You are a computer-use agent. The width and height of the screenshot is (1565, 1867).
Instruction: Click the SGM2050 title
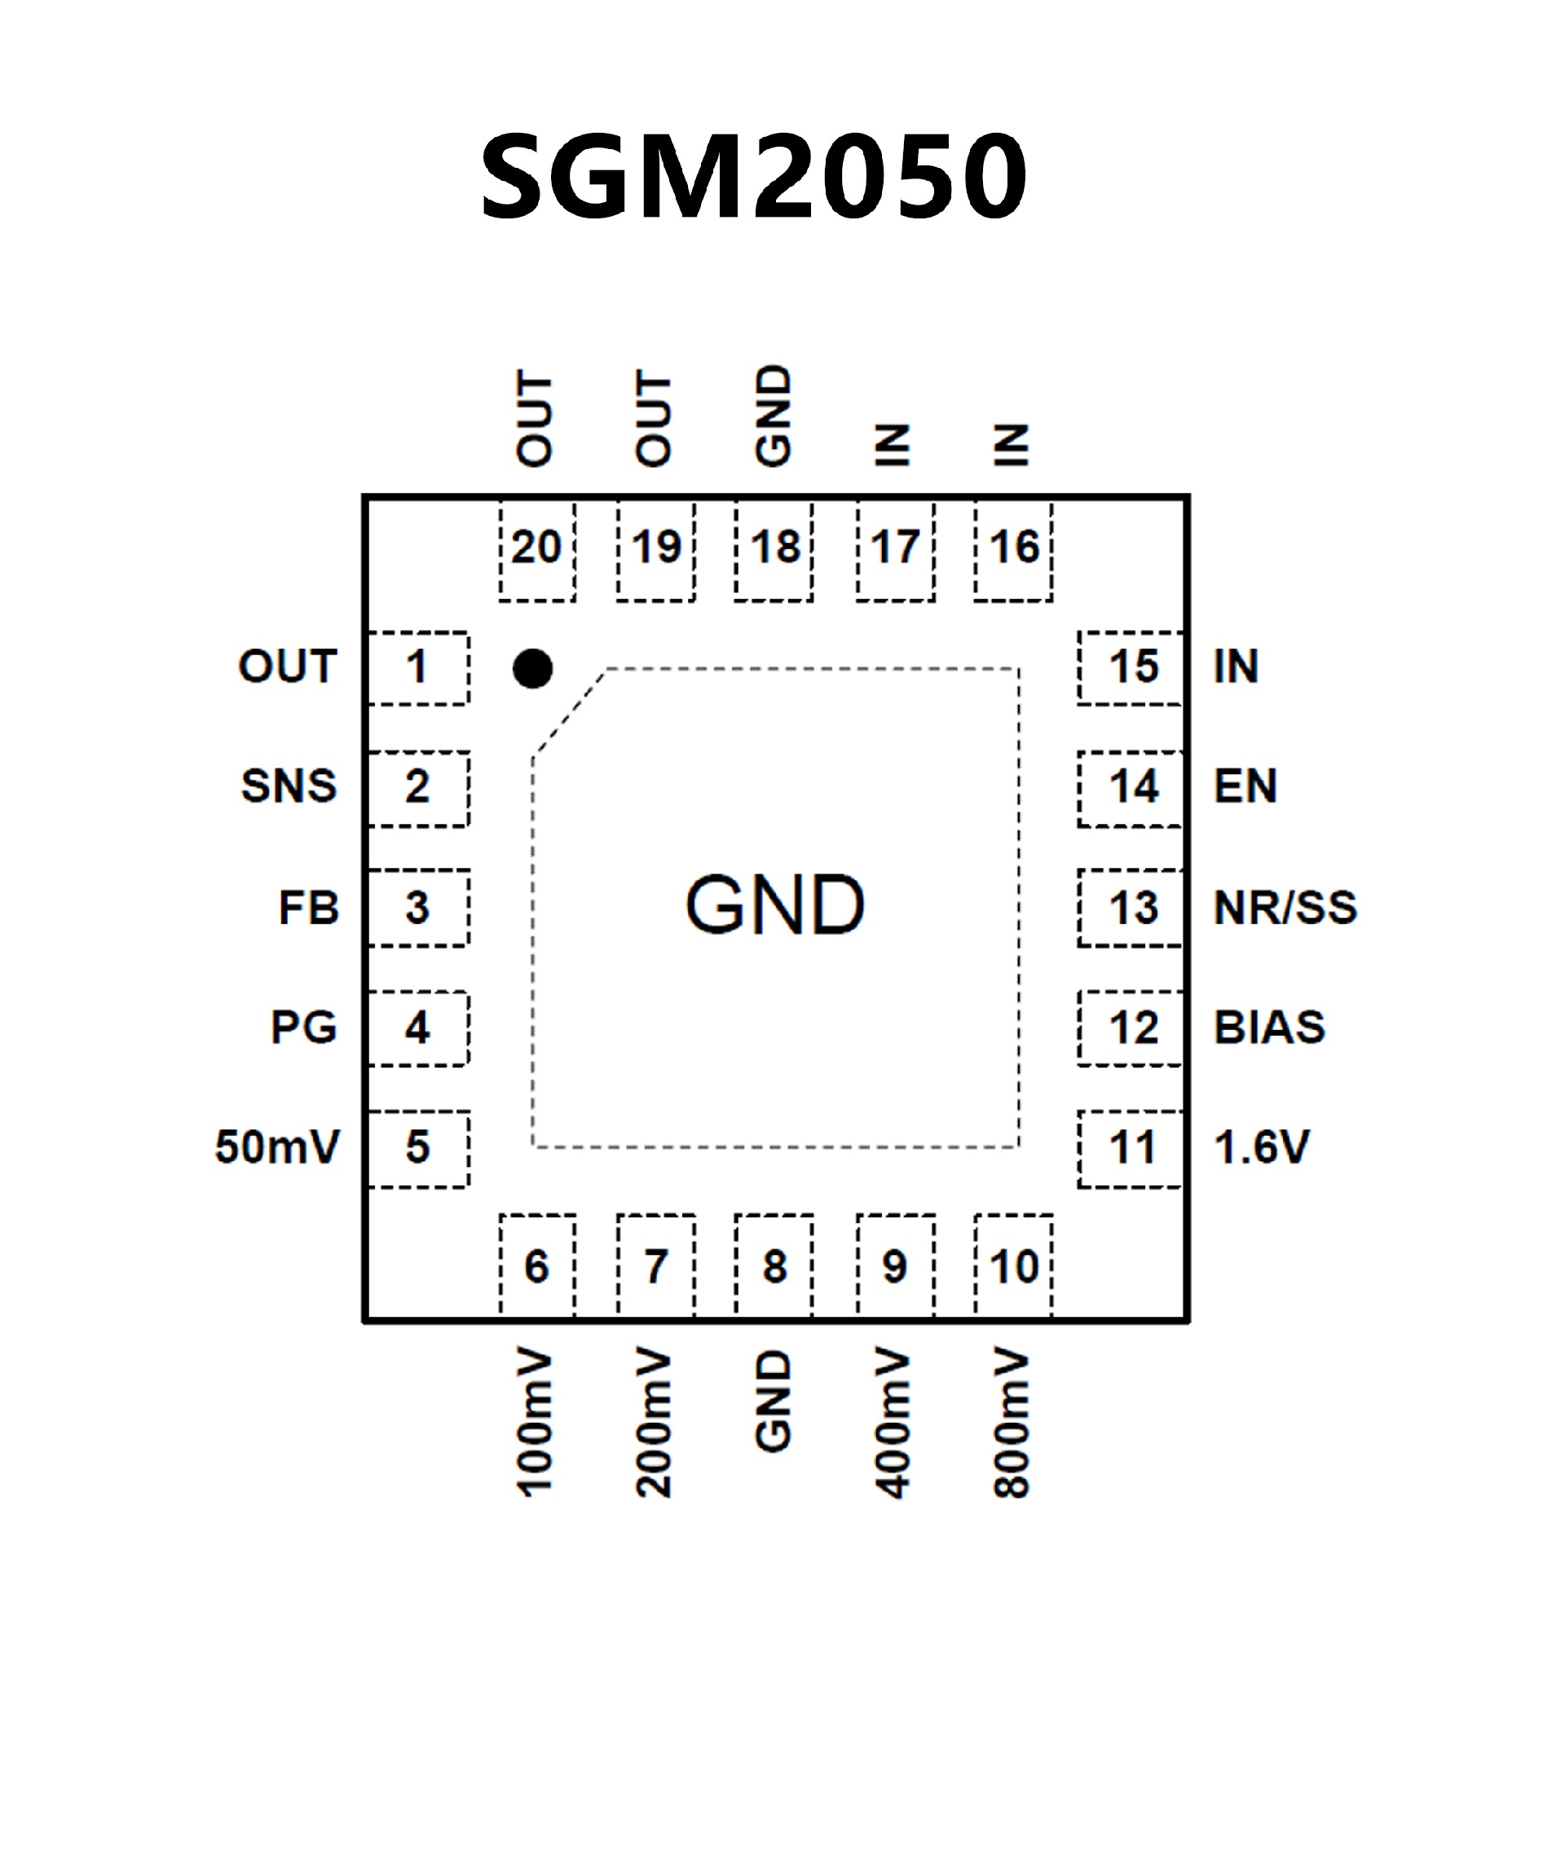[754, 175]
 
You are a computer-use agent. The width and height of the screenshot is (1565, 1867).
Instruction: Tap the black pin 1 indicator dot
[532, 668]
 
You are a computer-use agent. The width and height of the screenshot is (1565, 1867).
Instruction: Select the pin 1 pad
[418, 667]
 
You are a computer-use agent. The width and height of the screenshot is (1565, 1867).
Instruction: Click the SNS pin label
[289, 786]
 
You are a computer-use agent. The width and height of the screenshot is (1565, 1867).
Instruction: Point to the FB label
[309, 908]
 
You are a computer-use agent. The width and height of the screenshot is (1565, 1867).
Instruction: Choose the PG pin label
[304, 1028]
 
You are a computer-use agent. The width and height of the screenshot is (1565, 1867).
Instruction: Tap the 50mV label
[277, 1147]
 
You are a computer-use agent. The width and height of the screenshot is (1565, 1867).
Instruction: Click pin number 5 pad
[418, 1147]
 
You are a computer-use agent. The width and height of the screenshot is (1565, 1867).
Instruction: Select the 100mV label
[536, 1424]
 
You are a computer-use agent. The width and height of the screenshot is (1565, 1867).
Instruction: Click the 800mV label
[1012, 1424]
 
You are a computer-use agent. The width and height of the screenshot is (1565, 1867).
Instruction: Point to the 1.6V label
[1261, 1147]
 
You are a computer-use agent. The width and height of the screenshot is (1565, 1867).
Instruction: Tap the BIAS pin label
[1269, 1028]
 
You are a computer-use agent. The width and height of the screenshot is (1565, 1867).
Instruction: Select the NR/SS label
[1285, 908]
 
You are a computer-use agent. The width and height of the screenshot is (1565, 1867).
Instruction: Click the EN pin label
[1245, 786]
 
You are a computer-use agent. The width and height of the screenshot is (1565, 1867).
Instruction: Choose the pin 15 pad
[1131, 667]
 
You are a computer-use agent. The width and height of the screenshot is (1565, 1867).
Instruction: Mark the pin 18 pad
[774, 549]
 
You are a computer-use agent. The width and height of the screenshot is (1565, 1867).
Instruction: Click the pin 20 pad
[536, 549]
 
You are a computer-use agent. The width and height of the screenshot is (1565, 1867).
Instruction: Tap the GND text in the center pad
[774, 905]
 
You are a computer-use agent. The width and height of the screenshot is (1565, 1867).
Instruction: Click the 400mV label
[893, 1424]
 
